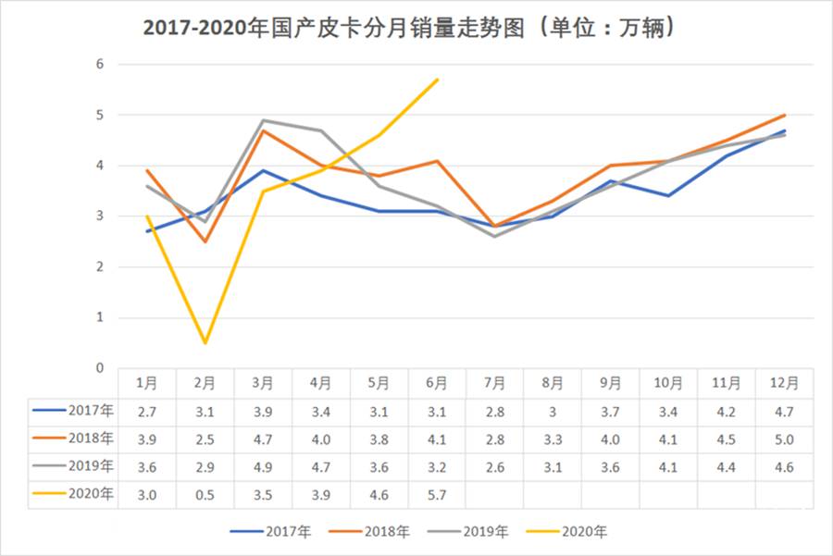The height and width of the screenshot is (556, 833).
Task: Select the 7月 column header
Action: point(494,383)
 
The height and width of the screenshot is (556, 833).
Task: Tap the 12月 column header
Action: point(784,383)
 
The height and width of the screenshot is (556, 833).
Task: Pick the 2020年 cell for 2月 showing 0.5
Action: point(205,495)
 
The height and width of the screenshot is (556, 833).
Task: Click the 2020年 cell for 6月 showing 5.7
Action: point(436,495)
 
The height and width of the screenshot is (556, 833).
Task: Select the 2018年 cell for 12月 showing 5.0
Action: point(784,439)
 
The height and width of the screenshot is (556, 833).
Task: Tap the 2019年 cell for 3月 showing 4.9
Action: point(263,467)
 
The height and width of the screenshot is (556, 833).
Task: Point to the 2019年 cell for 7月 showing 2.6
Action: point(494,467)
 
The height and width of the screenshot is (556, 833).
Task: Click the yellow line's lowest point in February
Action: point(205,343)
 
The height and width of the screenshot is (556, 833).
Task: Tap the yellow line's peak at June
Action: point(437,80)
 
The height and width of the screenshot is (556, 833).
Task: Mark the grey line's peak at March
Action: point(263,120)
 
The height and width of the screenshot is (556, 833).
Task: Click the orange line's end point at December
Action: point(785,115)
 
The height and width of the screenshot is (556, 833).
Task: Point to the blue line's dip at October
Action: point(668,196)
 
